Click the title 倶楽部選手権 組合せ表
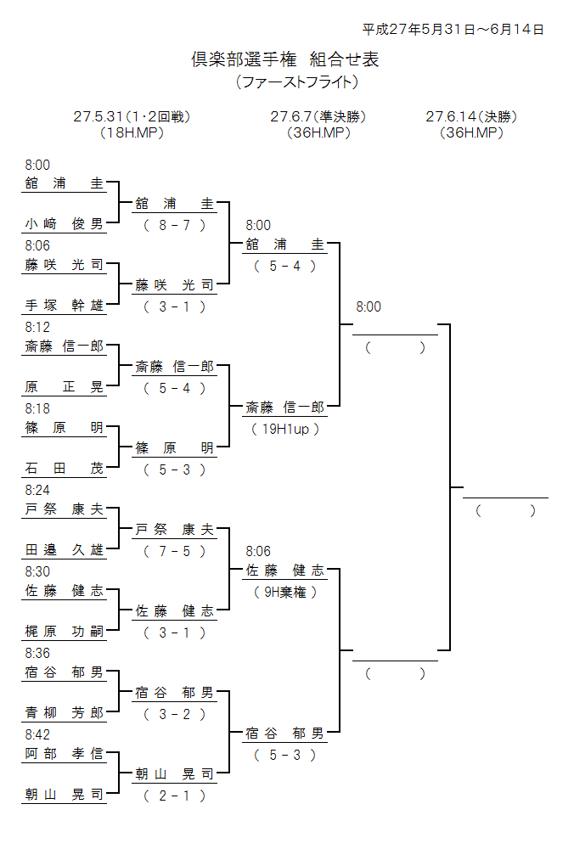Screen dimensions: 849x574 (285, 59)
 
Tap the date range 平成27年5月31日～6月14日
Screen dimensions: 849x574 (453, 29)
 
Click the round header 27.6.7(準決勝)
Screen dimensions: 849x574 (318, 116)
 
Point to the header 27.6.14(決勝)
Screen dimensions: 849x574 (471, 116)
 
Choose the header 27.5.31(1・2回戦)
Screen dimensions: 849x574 (132, 116)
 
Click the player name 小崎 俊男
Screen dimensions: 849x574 (65, 224)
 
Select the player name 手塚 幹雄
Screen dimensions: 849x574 (65, 306)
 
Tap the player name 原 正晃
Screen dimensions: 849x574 (65, 387)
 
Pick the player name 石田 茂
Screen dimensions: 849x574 (65, 469)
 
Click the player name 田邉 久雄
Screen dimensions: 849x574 (65, 550)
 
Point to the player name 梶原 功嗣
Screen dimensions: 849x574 (65, 632)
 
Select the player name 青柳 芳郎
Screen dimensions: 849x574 (65, 713)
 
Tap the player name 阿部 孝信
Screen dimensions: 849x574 (65, 754)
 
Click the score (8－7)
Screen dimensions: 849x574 (175, 225)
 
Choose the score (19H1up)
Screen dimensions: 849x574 (285, 429)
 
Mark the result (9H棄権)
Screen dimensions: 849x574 (285, 592)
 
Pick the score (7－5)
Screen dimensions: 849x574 (175, 551)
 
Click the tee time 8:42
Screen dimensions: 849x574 (37, 734)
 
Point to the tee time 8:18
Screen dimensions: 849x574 (37, 408)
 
